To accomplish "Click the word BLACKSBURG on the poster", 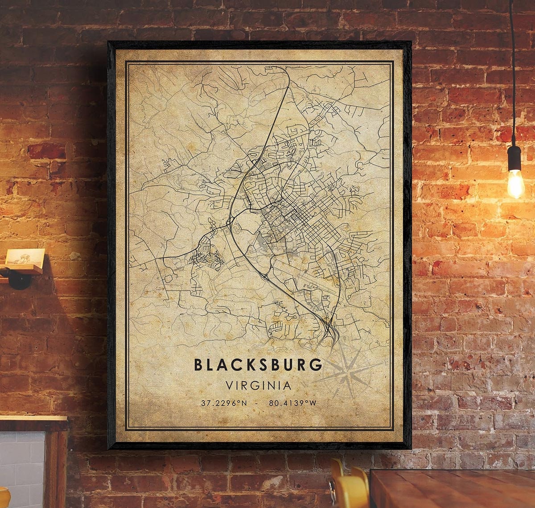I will [258, 364].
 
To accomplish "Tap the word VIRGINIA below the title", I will [258, 384].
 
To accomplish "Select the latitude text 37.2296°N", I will [223, 403].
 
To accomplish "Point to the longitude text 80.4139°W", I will [292, 403].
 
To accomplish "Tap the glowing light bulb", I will [515, 182].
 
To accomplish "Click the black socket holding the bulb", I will [514, 157].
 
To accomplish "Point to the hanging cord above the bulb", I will [512, 67].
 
